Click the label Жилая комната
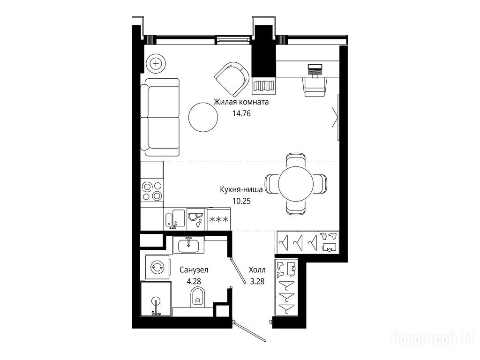[x=241, y=102]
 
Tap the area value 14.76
[x=241, y=113]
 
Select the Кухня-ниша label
[x=241, y=189]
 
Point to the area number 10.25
[x=241, y=201]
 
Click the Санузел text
[x=194, y=270]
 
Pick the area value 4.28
[x=194, y=281]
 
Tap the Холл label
[x=257, y=270]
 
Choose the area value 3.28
[x=257, y=281]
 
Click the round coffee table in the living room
[x=203, y=117]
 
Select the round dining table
[x=296, y=184]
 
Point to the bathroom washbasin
[x=188, y=245]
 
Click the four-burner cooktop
[x=152, y=191]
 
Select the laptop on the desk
[x=315, y=70]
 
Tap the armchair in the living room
[x=232, y=79]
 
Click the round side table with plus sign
[x=156, y=64]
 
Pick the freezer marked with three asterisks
[x=218, y=219]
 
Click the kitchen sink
[x=175, y=219]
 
